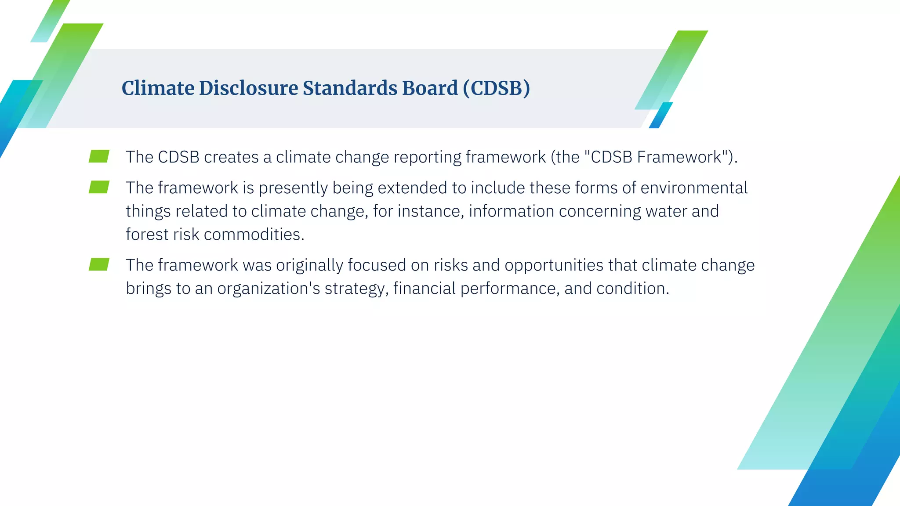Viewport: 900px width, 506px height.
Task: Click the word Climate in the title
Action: pyautogui.click(x=158, y=88)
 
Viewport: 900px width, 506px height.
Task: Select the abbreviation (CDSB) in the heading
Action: pyautogui.click(x=496, y=88)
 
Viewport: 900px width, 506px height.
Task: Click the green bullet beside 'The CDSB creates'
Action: pyautogui.click(x=99, y=156)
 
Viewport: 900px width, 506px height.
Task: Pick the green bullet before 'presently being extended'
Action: pyautogui.click(x=99, y=187)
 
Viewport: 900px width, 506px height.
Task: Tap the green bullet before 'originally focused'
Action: pyautogui.click(x=99, y=264)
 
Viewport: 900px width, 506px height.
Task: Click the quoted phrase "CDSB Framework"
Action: pyautogui.click(x=657, y=157)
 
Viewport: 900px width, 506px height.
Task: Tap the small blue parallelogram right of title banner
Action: pyautogui.click(x=660, y=115)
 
